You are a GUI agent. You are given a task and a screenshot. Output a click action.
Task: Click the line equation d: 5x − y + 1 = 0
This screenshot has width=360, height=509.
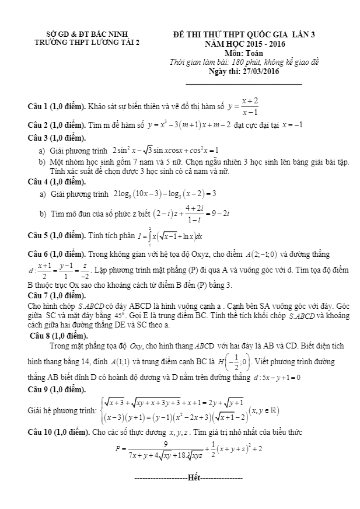tap(274, 377)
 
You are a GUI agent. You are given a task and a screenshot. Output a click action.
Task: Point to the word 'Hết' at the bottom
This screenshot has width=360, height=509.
tap(194, 477)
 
